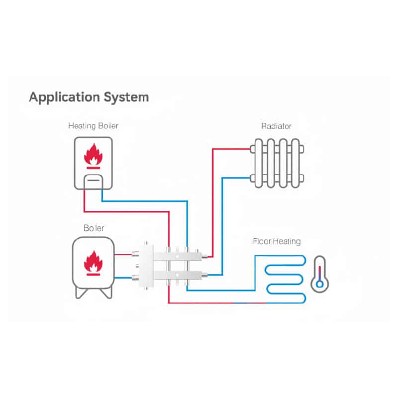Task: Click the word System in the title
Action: (125, 97)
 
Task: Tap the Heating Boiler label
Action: (94, 126)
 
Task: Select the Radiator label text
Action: (276, 126)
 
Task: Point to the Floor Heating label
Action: (277, 242)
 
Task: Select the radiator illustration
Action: (277, 163)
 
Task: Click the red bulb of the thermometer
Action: (320, 284)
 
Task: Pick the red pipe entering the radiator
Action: (231, 148)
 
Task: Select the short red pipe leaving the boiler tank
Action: (122, 254)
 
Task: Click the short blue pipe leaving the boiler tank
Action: (122, 278)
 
